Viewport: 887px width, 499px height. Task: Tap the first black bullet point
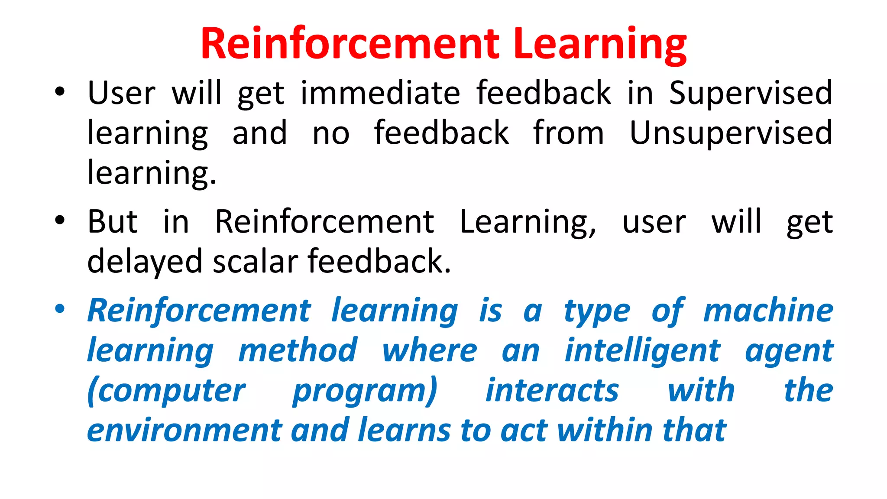coord(60,92)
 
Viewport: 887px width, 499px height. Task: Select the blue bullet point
coord(60,309)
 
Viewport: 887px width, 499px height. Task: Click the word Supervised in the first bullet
coord(751,93)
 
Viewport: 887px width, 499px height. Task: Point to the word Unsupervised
coord(731,133)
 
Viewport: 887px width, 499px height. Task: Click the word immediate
coord(380,93)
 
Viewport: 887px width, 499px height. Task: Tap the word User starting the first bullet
coord(121,93)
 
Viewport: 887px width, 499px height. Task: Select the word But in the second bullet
coord(113,222)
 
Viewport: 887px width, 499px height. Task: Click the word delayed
coord(145,262)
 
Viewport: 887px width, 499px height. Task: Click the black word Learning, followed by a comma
coord(527,222)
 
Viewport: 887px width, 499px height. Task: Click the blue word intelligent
coord(642,350)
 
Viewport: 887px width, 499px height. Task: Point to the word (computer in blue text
coord(166,391)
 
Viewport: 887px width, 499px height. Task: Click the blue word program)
coord(365,391)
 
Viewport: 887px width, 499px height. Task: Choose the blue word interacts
coord(552,390)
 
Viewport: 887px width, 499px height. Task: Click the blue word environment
coord(185,430)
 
